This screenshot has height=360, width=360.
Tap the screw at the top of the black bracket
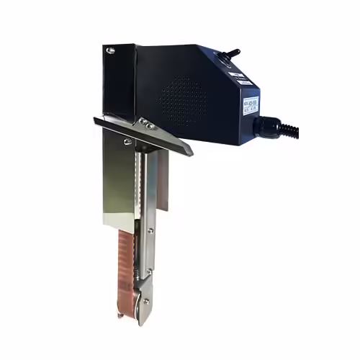110,50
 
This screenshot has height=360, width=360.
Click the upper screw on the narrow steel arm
149,231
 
